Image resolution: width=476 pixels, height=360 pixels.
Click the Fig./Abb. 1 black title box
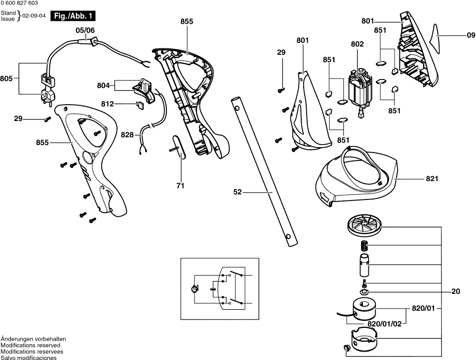point(73,16)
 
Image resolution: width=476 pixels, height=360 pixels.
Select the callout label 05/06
point(85,30)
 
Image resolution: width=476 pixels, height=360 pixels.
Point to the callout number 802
point(357,44)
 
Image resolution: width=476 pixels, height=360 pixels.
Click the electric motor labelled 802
point(359,91)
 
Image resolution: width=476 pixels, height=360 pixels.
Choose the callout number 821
point(432,178)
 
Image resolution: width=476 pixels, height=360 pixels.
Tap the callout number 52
point(238,192)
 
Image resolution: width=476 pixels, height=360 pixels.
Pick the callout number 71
point(180,186)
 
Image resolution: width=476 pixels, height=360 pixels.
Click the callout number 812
point(107,104)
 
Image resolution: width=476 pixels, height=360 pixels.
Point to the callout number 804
point(103,85)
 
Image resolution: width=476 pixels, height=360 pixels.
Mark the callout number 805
point(6,78)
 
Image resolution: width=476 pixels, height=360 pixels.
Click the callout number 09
point(470,35)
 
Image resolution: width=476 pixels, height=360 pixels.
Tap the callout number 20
point(455,291)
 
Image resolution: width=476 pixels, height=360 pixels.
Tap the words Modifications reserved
point(30,345)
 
